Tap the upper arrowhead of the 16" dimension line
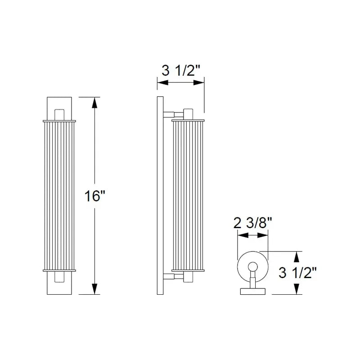click(94, 103)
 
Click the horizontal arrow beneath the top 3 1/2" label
click(180, 83)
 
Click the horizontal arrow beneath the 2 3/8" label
click(252, 235)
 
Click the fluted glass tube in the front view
click(59, 196)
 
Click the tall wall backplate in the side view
click(160, 196)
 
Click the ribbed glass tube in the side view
click(188, 196)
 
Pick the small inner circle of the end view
click(253, 266)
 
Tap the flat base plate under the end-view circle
click(253, 291)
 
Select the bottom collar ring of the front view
click(59, 270)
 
